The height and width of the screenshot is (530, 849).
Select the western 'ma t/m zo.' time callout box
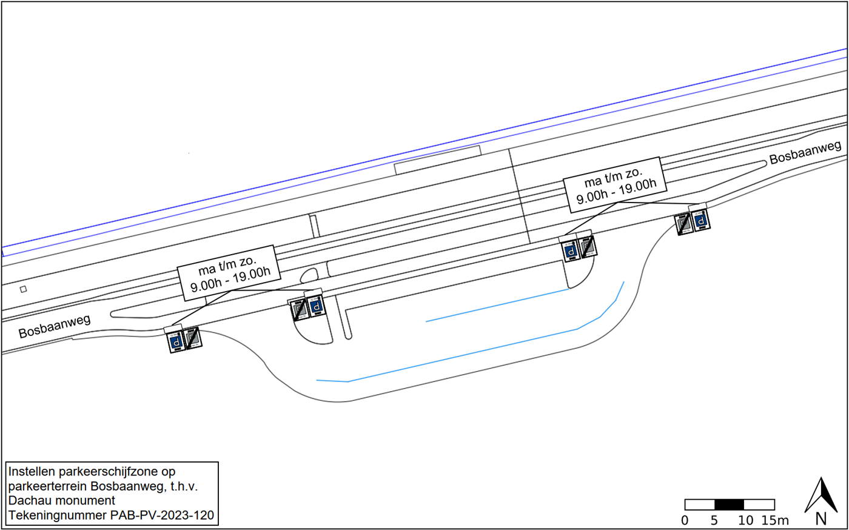[230, 273]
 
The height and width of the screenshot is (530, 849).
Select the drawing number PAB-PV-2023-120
[162, 516]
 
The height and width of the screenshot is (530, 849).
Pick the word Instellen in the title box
[31, 471]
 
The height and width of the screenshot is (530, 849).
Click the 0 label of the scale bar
[685, 520]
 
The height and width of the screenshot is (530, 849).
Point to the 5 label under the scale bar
[714, 520]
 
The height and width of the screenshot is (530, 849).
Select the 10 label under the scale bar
[745, 520]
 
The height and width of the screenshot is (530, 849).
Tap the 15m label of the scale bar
[775, 520]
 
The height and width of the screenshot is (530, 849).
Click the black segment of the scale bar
[730, 505]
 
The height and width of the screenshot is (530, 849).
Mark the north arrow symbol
[820, 495]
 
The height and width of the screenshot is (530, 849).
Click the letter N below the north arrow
[821, 519]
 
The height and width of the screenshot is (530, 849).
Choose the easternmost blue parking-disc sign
[701, 221]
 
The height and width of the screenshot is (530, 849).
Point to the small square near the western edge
[24, 289]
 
